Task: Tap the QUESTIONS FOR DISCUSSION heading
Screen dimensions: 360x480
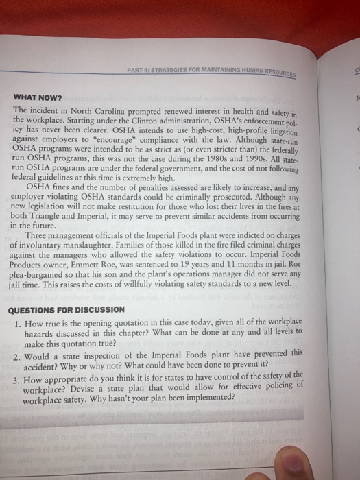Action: [x=67, y=309]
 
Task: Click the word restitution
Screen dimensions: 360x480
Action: [x=163, y=206]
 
